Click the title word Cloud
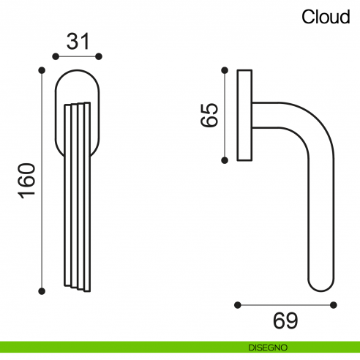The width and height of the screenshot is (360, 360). pyautogui.click(x=326, y=17)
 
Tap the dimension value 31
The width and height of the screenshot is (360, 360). pyautogui.click(x=78, y=41)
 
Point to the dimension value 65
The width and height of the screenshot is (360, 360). pyautogui.click(x=209, y=115)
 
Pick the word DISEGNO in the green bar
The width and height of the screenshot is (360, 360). pyautogui.click(x=266, y=347)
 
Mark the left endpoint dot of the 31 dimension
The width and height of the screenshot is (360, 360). pyautogui.click(x=54, y=56)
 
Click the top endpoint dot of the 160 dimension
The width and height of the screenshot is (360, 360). pyautogui.click(x=41, y=70)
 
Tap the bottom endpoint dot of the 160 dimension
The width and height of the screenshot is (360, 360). pyautogui.click(x=41, y=293)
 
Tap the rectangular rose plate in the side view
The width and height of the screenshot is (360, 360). pyautogui.click(x=245, y=115)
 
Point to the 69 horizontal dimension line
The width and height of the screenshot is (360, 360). pyautogui.click(x=285, y=304)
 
